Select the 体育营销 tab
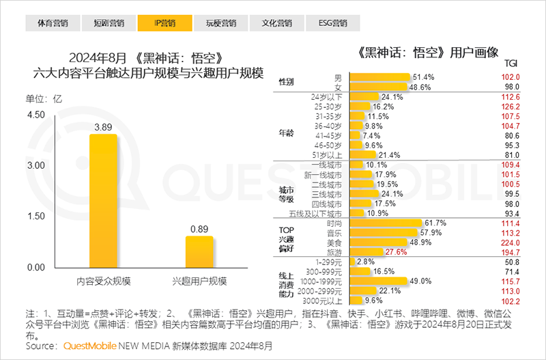[x=48, y=23]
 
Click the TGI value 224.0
[x=510, y=243]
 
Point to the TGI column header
[x=510, y=63]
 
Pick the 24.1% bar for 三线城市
[x=364, y=194]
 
